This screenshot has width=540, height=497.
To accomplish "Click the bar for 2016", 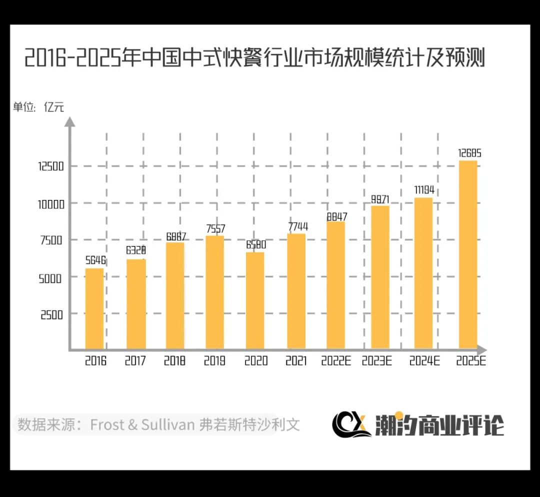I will point(94,308).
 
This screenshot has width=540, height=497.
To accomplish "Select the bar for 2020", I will point(255,300).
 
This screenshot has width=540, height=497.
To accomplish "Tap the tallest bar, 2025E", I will point(467,254).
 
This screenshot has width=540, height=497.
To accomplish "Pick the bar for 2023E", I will point(380,277).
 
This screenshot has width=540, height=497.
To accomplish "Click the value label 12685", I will point(469,153).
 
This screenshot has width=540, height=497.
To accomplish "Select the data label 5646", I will point(95,260).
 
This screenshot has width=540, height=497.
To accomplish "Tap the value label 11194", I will point(424,189).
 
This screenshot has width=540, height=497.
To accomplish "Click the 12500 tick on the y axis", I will point(50,166).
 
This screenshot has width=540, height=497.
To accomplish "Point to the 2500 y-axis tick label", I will point(51,314).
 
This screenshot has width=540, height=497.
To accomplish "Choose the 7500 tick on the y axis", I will point(51,240).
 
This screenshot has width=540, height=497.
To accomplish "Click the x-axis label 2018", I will point(175,361).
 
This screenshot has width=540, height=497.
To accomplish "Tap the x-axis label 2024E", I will point(424,361).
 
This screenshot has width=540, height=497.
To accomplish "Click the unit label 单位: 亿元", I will point(38,107).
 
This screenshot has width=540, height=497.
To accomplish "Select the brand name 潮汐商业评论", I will point(439,425).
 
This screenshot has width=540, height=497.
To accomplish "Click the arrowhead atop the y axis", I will point(70,121).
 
